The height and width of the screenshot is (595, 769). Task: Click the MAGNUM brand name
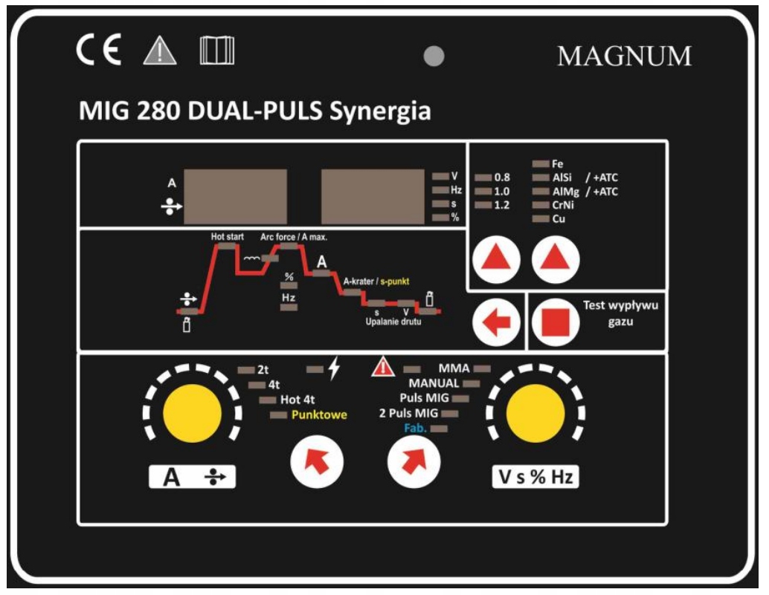(x=624, y=56)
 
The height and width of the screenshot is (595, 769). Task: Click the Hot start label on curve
(x=227, y=237)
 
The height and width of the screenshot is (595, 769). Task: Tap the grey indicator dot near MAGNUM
(x=434, y=56)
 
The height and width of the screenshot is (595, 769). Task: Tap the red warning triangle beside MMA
(x=382, y=366)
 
